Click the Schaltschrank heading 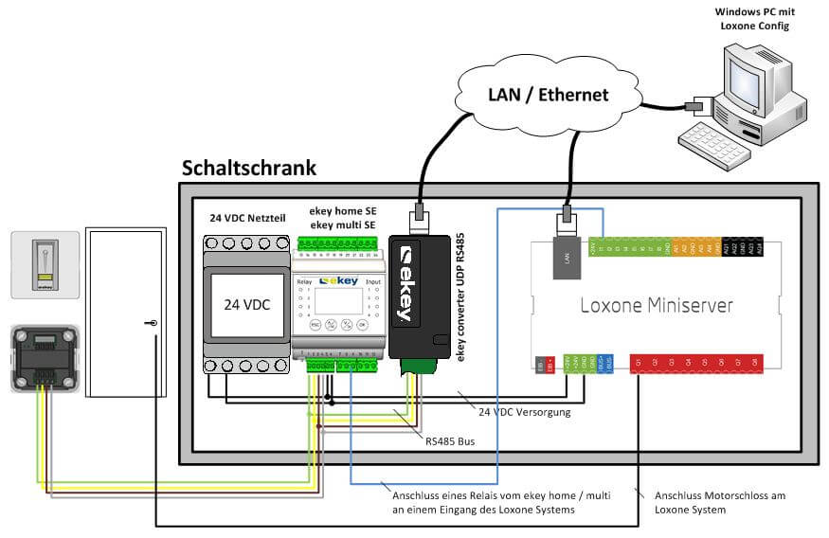pos(248,169)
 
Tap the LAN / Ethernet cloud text pos(548,94)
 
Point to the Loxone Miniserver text pos(656,305)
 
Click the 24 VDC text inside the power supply pos(244,305)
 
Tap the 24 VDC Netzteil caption pos(249,217)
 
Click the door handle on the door pos(152,324)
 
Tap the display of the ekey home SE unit pos(337,300)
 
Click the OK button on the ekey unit pos(362,325)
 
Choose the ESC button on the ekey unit pos(315,325)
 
